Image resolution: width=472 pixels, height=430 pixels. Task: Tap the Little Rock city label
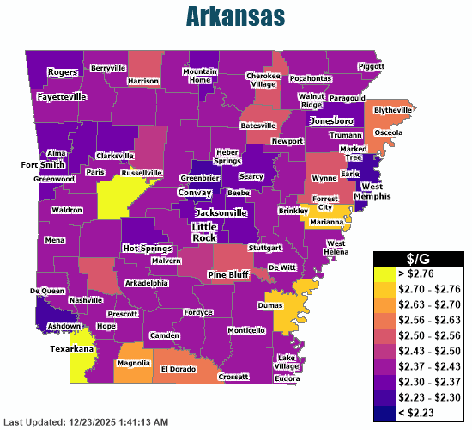204,231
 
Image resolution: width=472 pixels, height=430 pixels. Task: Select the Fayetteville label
62,97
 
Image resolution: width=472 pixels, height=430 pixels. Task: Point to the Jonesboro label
332,121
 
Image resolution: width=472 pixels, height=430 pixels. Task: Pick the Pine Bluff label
228,274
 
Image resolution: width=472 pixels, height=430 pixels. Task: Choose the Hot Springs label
142,248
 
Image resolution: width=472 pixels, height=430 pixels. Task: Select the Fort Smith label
42,164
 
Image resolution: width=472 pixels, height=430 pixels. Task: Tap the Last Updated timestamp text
86,422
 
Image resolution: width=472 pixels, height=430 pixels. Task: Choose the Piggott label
371,65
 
